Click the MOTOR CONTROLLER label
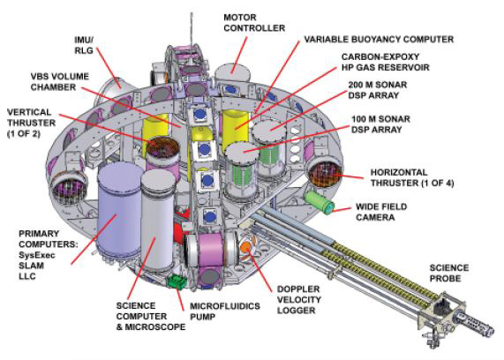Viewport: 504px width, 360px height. pos(254,23)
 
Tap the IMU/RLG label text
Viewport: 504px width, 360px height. pos(84,45)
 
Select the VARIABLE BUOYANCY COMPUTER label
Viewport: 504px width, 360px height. pos(379,39)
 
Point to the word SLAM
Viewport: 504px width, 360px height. pos(31,266)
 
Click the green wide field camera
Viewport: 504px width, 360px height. pos(320,202)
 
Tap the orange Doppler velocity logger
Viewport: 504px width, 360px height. pos(246,247)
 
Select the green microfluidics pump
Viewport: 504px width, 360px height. pos(177,281)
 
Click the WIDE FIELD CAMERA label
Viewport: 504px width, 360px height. pos(381,212)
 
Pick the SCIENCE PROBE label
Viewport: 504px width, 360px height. pos(449,273)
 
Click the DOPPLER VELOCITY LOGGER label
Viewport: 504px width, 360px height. pos(299,300)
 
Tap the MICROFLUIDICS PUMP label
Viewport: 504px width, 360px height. pos(225,311)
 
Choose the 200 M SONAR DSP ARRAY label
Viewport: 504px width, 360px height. pos(378,90)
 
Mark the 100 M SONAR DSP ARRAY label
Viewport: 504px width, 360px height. pos(380,124)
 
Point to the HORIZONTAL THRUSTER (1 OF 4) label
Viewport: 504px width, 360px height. pos(412,177)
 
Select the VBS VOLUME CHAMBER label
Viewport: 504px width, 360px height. pos(60,82)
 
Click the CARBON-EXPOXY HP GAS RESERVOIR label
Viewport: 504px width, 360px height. pos(386,62)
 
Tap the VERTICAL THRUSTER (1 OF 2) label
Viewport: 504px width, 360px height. pos(31,123)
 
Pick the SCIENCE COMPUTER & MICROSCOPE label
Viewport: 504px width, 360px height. pos(151,316)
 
